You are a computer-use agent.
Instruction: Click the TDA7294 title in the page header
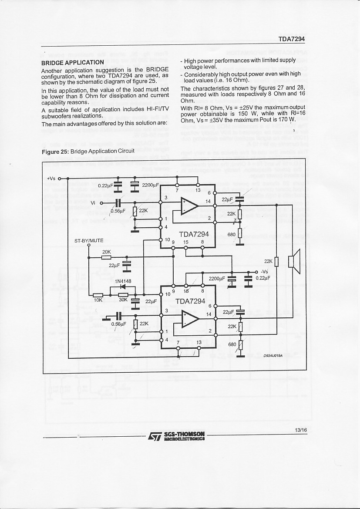click(291, 39)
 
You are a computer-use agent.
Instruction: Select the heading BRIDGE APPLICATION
click(72, 62)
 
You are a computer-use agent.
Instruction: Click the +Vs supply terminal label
click(51, 178)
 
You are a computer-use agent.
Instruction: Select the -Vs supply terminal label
click(264, 272)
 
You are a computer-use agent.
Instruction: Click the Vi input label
click(93, 203)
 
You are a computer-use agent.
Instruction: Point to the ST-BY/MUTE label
click(89, 240)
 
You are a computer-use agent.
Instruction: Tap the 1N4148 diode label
click(123, 281)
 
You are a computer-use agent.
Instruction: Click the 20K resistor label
click(106, 252)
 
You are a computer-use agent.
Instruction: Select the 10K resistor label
click(98, 300)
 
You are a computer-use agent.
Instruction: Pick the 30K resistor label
click(123, 300)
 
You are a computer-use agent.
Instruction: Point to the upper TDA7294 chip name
click(194, 234)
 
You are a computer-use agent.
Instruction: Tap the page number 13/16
click(300, 430)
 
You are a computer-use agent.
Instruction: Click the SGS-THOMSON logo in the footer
click(176, 436)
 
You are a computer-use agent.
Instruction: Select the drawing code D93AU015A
click(273, 355)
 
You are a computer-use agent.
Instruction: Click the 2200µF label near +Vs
click(150, 185)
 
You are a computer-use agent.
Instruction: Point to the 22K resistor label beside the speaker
click(268, 261)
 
